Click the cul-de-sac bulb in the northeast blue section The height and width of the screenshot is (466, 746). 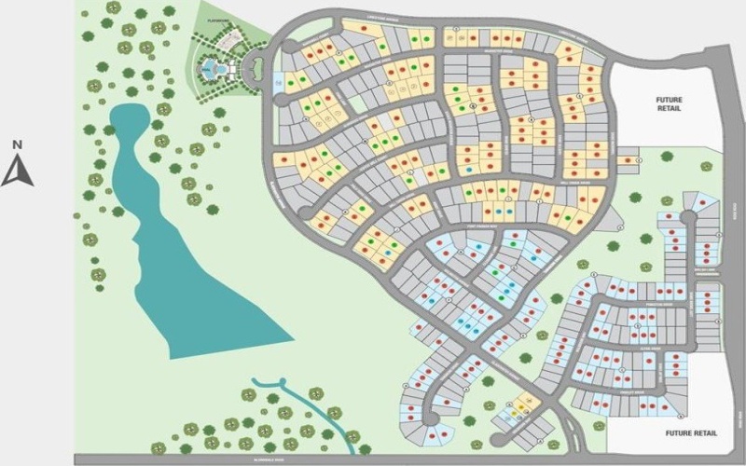point(688,217)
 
